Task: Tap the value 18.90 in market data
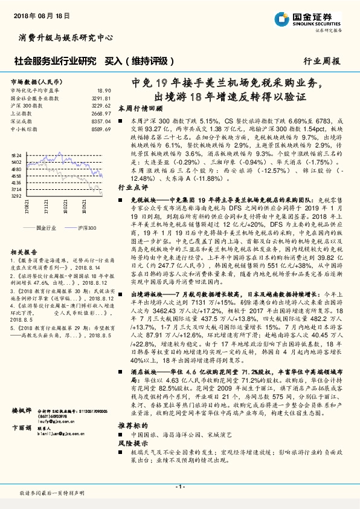[103, 90]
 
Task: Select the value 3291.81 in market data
[101, 97]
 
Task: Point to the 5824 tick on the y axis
[16, 155]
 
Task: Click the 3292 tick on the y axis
[16, 196]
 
